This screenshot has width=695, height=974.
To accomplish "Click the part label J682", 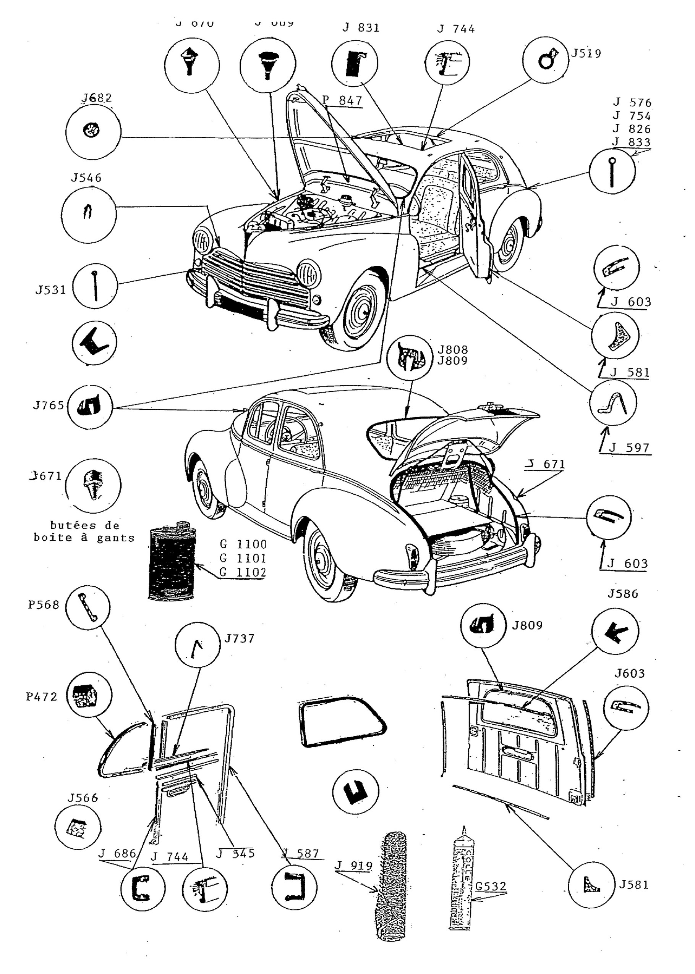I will (96, 99).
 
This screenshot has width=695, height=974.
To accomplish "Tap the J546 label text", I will (86, 178).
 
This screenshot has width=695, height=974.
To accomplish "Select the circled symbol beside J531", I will (95, 286).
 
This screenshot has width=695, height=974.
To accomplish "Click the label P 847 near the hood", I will (342, 100).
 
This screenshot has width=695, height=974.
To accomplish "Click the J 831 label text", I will (361, 28).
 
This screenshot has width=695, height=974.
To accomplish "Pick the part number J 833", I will (631, 142).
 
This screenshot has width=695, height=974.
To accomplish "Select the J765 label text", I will (49, 405).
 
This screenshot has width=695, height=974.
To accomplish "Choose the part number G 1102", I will (243, 572).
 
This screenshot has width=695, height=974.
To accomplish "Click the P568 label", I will (43, 605).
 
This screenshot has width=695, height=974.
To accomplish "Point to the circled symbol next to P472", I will (89, 697).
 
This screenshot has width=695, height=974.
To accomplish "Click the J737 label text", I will (239, 638).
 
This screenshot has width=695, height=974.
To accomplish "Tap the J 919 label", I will (353, 866).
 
